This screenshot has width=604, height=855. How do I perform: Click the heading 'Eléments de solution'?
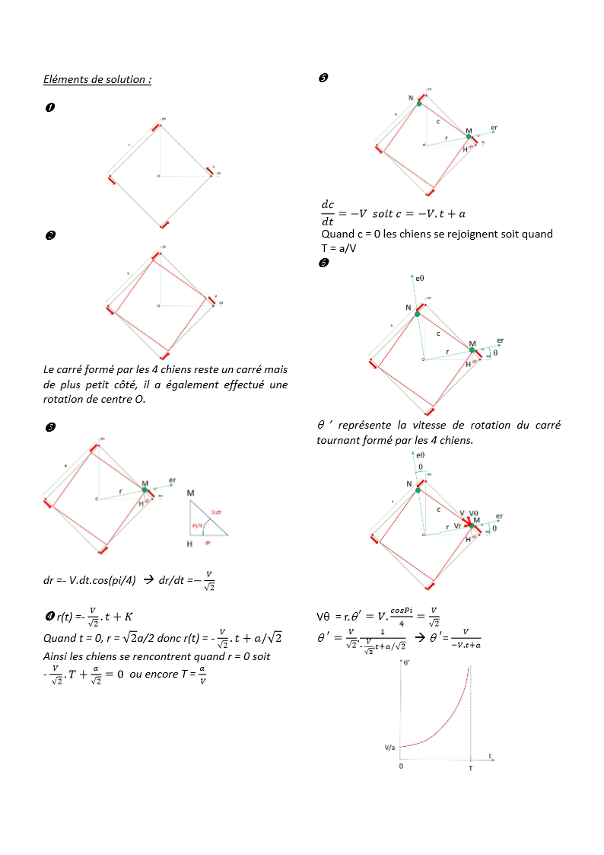pyautogui.click(x=97, y=79)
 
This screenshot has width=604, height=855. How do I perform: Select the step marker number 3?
pyautogui.click(x=49, y=429)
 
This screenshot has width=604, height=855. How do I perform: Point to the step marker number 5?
pyautogui.click(x=322, y=78)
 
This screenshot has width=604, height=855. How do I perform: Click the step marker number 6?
pyautogui.click(x=323, y=263)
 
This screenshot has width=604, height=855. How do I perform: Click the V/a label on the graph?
pyautogui.click(x=389, y=748)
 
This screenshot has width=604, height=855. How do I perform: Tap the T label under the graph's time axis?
pyautogui.click(x=471, y=765)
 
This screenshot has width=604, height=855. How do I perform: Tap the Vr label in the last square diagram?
pyautogui.click(x=459, y=526)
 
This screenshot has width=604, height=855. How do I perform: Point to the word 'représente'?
pyautogui.click(x=367, y=426)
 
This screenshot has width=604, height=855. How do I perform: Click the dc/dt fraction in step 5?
pyautogui.click(x=328, y=212)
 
